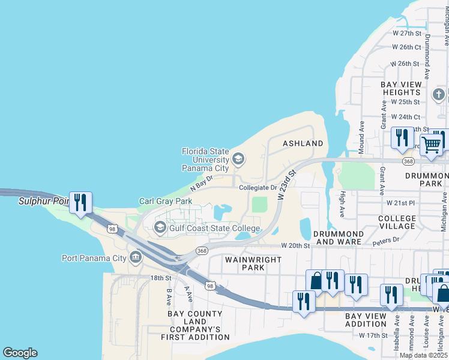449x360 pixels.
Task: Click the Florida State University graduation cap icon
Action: [x=238, y=159]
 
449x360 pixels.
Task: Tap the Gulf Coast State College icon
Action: [x=160, y=226]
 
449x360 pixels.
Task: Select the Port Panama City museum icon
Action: [x=135, y=258]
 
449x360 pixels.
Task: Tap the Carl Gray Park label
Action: [x=166, y=202]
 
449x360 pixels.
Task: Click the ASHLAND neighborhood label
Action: [x=303, y=144]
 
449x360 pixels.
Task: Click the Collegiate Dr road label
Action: [x=258, y=188]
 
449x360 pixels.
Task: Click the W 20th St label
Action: [x=296, y=246]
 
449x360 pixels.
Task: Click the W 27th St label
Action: [x=406, y=33]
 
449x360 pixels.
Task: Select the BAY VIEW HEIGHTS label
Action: [x=401, y=88]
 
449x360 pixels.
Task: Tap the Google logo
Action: [x=20, y=353]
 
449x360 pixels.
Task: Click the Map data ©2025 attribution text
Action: [x=423, y=355]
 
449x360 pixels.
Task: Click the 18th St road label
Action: [x=161, y=278]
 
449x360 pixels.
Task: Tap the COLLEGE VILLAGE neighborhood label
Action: [x=397, y=222]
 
